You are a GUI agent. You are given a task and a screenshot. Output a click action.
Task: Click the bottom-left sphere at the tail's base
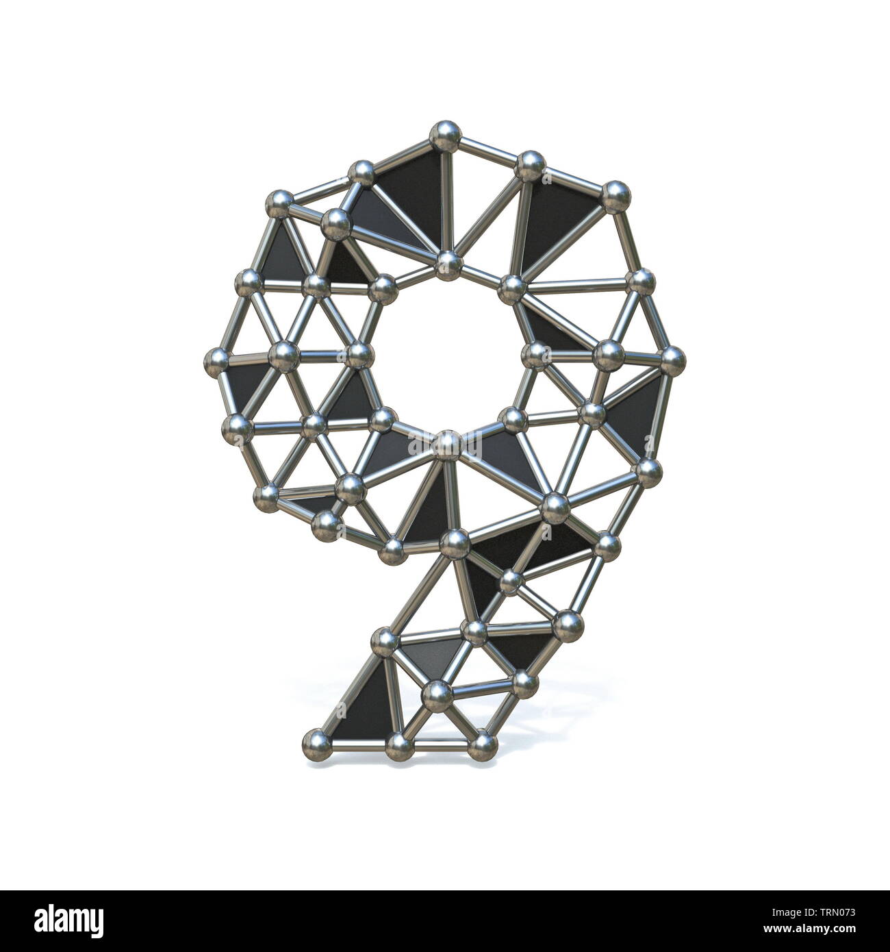(x=316, y=741)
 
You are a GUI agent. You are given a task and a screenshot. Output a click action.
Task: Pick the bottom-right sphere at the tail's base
(x=483, y=742)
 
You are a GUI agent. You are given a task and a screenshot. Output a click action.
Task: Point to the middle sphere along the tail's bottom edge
(x=399, y=744)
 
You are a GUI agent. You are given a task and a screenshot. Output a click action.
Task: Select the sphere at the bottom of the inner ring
(x=448, y=444)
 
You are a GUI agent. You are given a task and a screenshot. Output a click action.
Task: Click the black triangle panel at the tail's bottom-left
(x=363, y=705)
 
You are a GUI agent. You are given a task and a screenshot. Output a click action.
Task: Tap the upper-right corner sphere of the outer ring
(x=615, y=196)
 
